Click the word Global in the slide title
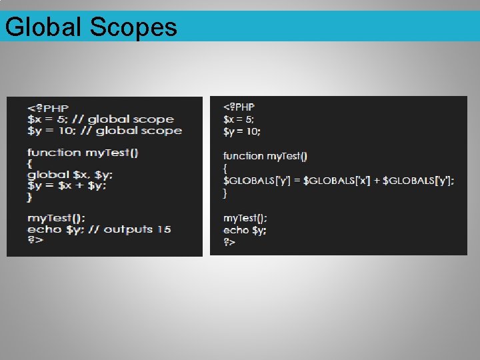point(42,27)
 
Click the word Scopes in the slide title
point(133,27)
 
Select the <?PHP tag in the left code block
point(48,108)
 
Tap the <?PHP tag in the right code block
point(239,107)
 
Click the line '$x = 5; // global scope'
point(100,119)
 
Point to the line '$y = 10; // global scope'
point(104,131)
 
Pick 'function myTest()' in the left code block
point(83,153)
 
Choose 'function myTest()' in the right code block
point(265,156)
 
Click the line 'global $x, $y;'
point(70,175)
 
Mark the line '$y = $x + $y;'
point(67,185)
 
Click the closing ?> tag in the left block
point(35,240)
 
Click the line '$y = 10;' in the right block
point(241,131)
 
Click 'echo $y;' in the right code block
point(245,231)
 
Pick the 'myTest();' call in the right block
point(245,218)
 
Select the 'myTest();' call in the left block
point(56,218)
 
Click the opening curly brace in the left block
point(30,163)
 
